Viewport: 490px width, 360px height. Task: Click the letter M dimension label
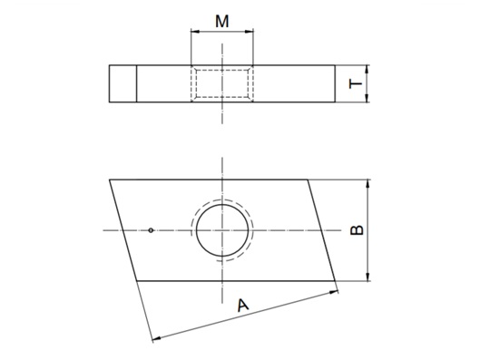[221, 20]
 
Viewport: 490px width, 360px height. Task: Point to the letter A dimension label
[242, 306]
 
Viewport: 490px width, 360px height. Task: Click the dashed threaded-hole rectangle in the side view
[222, 83]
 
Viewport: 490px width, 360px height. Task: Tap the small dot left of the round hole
[152, 230]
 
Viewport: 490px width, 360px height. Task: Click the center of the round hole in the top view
[222, 230]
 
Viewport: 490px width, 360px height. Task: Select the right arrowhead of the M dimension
[251, 33]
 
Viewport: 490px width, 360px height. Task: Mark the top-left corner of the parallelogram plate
[110, 180]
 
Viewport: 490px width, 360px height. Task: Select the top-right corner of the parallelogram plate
[309, 180]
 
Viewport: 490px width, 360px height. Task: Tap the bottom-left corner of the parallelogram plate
[137, 281]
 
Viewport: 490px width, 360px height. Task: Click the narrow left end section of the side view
[122, 83]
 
